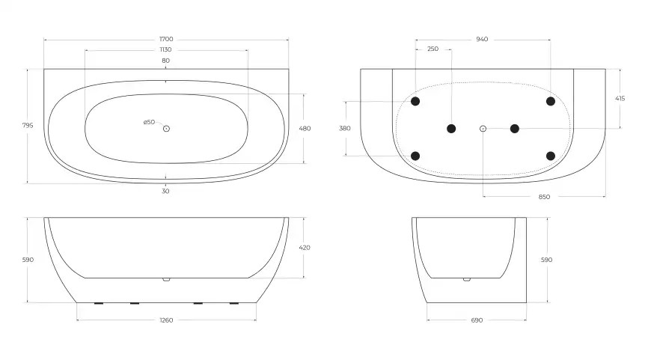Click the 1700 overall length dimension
click(x=166, y=39)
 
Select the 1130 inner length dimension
click(x=165, y=49)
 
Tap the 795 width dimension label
click(x=28, y=125)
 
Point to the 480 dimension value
click(x=305, y=129)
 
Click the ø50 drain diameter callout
click(x=149, y=122)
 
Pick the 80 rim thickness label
click(x=165, y=61)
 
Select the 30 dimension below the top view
click(x=165, y=191)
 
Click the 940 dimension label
click(x=482, y=39)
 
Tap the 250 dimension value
click(x=432, y=49)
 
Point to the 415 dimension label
click(x=620, y=98)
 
